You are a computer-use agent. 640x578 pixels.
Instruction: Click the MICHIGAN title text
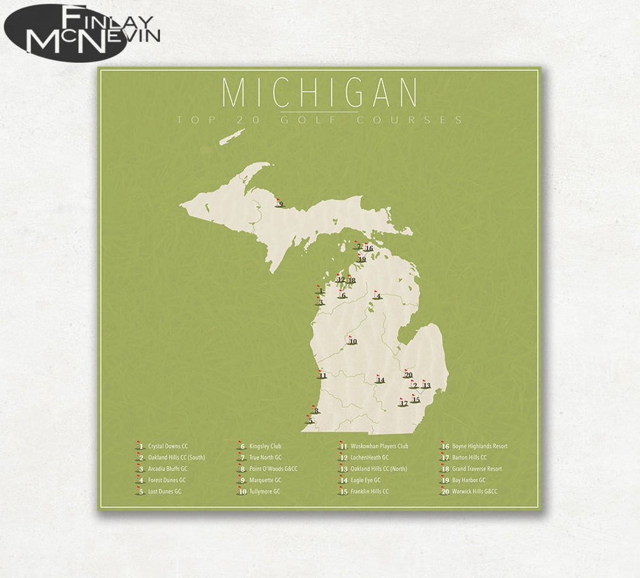pyautogui.click(x=320, y=93)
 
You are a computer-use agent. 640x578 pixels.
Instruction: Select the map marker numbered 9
pyautogui.click(x=280, y=205)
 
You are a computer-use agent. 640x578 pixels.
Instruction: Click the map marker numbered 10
pyautogui.click(x=352, y=341)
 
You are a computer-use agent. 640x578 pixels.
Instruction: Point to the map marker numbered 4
pyautogui.click(x=377, y=296)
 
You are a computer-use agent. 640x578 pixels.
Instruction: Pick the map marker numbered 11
pyautogui.click(x=322, y=375)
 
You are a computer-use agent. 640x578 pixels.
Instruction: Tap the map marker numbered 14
pyautogui.click(x=379, y=380)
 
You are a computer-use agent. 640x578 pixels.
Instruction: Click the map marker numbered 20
pyautogui.click(x=407, y=375)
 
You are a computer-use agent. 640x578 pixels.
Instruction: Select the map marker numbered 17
pyautogui.click(x=403, y=403)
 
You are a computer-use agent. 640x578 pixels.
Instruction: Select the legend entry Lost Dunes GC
pyautogui.click(x=160, y=491)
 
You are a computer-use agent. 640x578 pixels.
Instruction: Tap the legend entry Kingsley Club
pyautogui.click(x=261, y=446)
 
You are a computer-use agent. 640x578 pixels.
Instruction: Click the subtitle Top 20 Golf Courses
pyautogui.click(x=320, y=120)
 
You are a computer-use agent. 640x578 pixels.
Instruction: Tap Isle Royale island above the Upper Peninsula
pyautogui.click(x=232, y=137)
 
